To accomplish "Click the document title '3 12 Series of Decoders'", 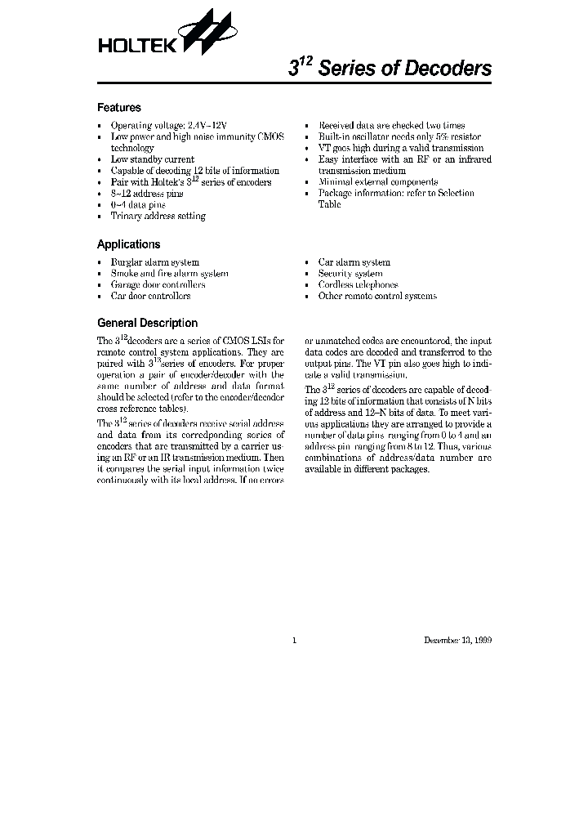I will [x=390, y=69].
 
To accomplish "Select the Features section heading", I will [x=119, y=108].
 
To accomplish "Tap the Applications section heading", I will [x=128, y=244].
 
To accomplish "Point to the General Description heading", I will [x=147, y=323].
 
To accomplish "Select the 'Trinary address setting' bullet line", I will [x=158, y=216].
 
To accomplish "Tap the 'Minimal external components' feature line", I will [x=377, y=182].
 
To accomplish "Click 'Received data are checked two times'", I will [x=391, y=126].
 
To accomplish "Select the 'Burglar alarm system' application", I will [x=154, y=262].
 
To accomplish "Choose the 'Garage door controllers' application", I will [x=158, y=284].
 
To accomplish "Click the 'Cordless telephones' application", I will [x=358, y=284].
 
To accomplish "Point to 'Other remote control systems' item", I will [x=376, y=296].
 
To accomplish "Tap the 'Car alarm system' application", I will [x=354, y=262].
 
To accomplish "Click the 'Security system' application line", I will [x=350, y=274].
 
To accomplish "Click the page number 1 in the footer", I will [x=294, y=640].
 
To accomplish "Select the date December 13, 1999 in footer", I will [x=457, y=640].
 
